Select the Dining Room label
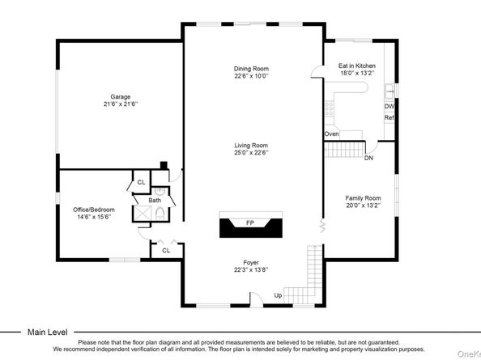coord(251,69)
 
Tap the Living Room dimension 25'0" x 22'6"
coord(251,153)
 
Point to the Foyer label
coord(251,263)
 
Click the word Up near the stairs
coord(278,294)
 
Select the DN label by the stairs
coord(368,159)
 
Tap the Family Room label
coord(362,198)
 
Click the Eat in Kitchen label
coord(356,66)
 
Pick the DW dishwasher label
coord(389,106)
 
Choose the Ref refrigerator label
coord(389,118)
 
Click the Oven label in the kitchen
coord(331,133)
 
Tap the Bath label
coord(154,200)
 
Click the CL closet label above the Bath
coord(140,183)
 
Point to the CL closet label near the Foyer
coord(166,250)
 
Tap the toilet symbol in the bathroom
coord(160,214)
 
